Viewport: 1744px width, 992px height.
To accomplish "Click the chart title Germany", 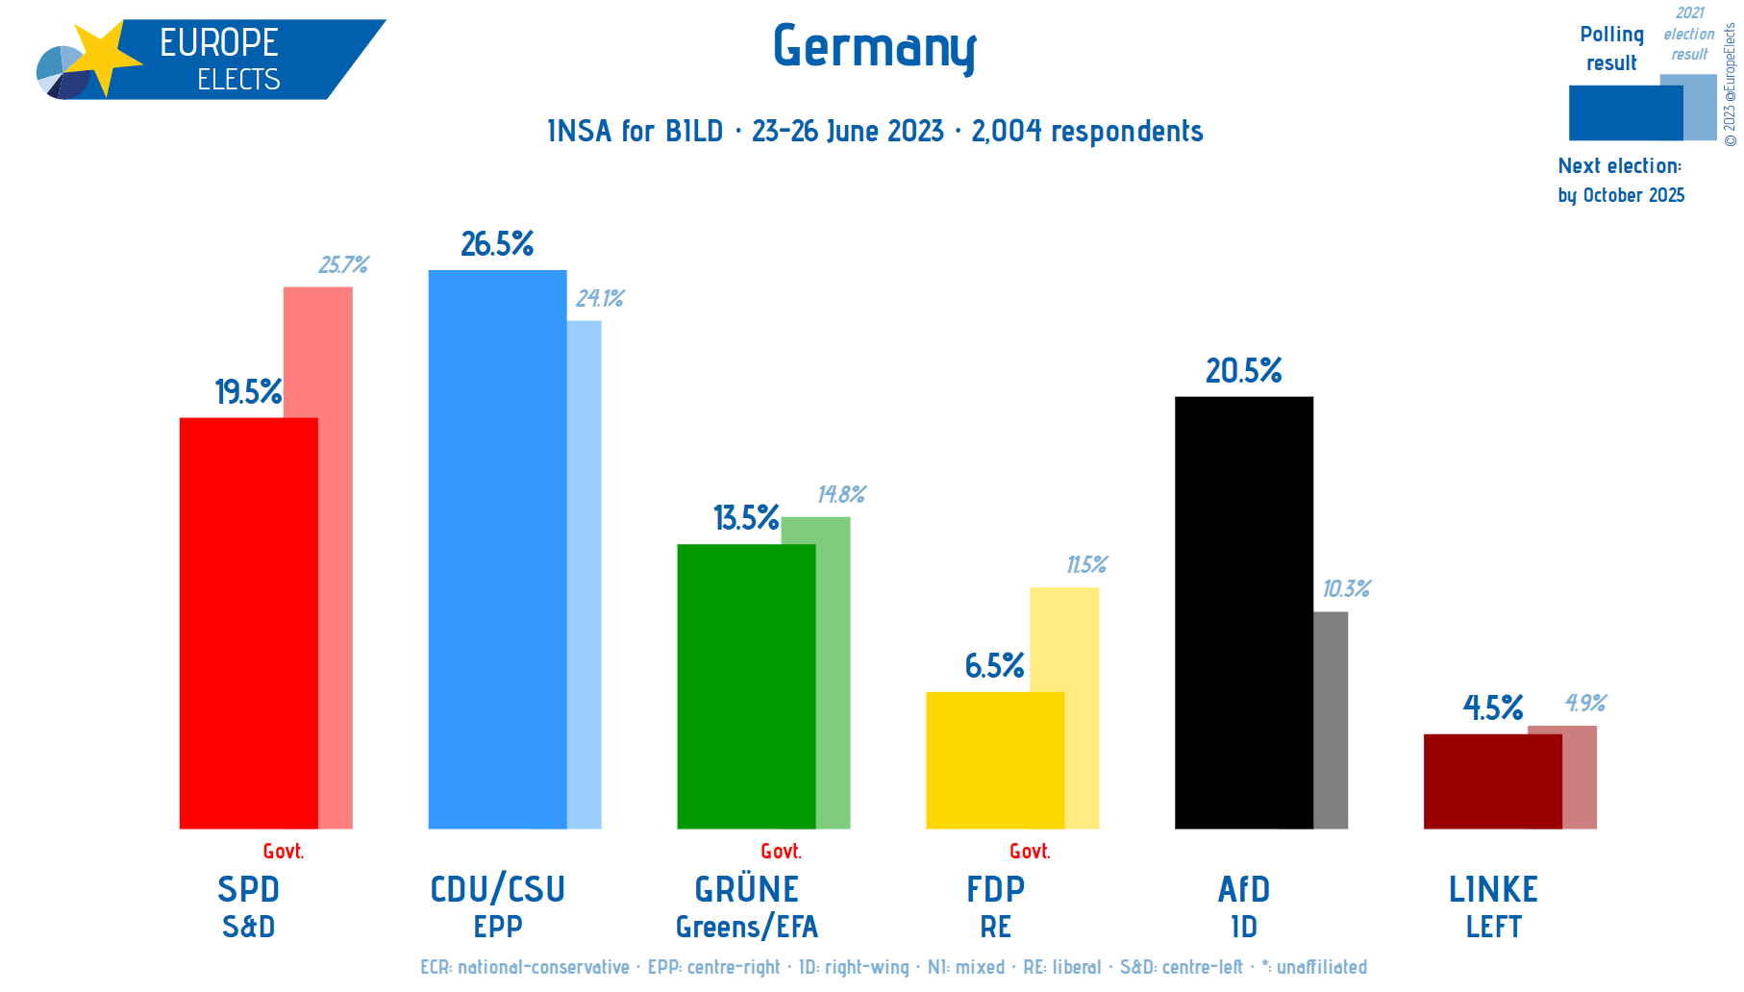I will click(x=874, y=47).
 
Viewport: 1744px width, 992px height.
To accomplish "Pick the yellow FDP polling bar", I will click(x=994, y=760).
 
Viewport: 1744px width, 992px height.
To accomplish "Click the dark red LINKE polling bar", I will click(x=1492, y=781).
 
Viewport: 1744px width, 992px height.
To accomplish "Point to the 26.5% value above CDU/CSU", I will click(x=497, y=244).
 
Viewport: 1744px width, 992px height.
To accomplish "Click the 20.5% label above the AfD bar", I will click(x=1243, y=371).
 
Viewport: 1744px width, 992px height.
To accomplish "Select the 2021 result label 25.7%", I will click(x=343, y=264).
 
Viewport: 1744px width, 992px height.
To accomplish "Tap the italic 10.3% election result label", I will click(x=1346, y=588).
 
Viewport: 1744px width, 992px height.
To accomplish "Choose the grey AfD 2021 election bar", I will click(x=1331, y=720).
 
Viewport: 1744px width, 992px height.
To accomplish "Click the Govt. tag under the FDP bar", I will click(x=1030, y=852).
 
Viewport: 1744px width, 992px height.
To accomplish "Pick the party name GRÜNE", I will click(x=746, y=889).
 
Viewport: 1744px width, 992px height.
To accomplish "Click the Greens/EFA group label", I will click(x=746, y=927).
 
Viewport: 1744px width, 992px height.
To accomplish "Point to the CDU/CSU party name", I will click(x=497, y=889).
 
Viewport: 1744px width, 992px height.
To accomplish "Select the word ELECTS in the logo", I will click(x=238, y=80).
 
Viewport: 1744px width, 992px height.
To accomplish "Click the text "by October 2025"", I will click(x=1621, y=195).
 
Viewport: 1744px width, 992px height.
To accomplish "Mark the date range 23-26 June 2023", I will click(x=847, y=131).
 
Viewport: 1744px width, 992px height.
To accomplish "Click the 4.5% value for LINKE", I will click(x=1492, y=708).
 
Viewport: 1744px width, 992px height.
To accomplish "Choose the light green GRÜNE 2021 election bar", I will click(x=833, y=673).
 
